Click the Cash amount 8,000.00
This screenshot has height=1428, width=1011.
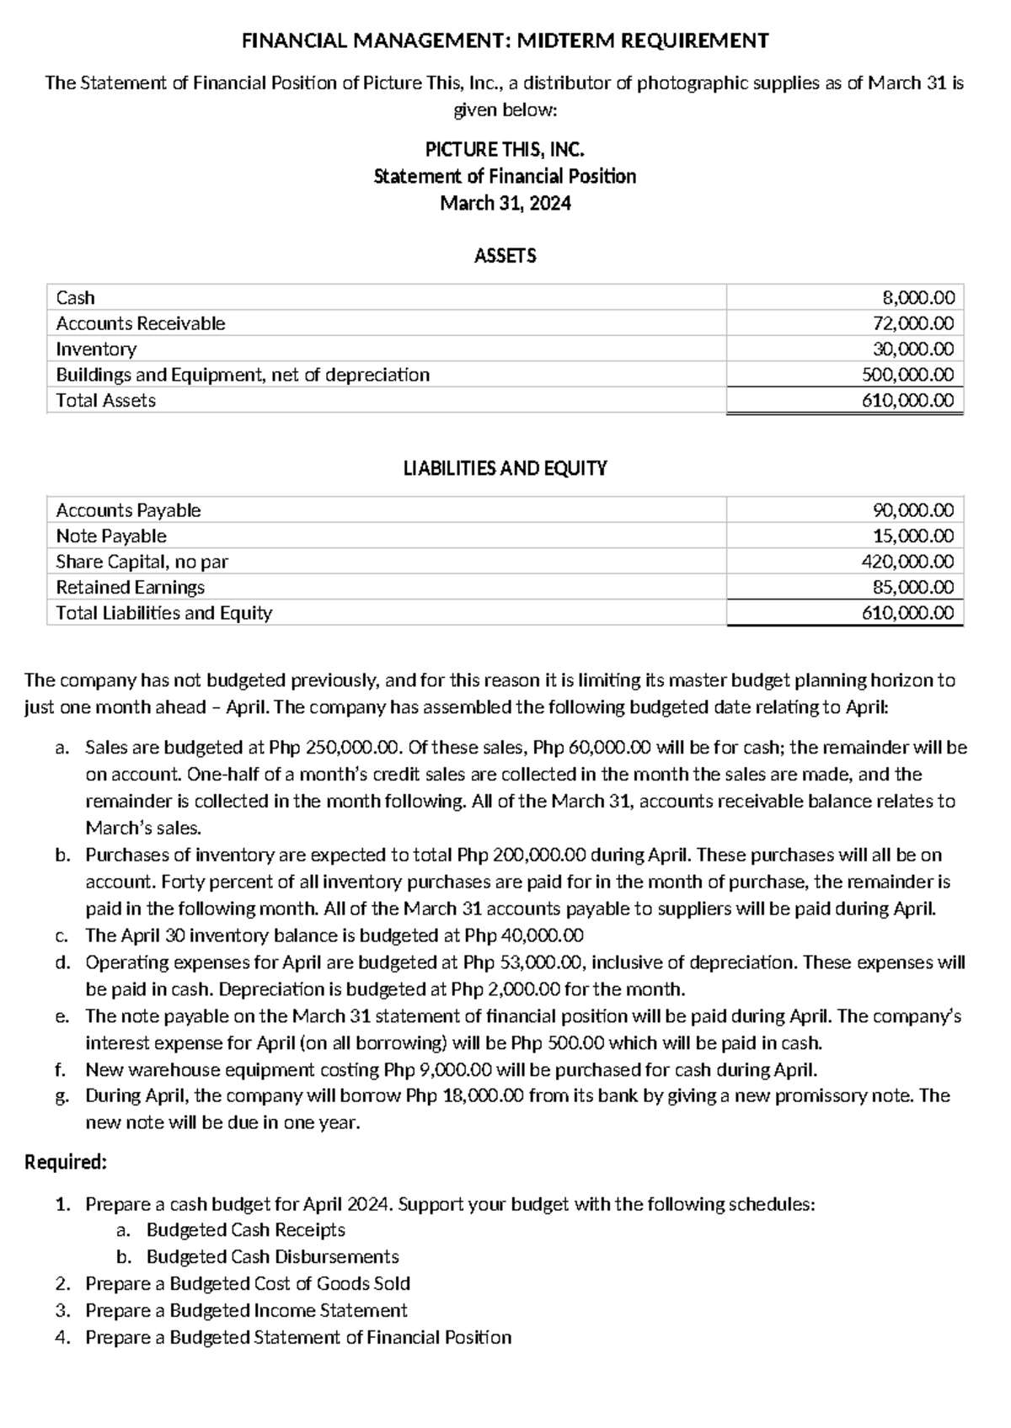pos(917,297)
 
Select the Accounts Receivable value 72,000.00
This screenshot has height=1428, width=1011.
pos(913,323)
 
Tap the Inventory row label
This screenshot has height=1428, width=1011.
pos(96,349)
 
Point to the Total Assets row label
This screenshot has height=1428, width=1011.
pos(106,401)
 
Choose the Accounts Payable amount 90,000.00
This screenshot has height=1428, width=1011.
pos(913,510)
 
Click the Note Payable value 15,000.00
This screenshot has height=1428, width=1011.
pos(913,536)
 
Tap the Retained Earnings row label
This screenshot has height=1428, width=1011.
pos(131,588)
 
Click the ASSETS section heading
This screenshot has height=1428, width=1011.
pos(505,256)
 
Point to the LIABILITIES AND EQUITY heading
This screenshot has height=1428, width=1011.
pos(505,469)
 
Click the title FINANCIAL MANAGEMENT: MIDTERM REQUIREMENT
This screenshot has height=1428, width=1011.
pos(505,40)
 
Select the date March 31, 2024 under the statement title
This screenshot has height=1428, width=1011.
pos(505,203)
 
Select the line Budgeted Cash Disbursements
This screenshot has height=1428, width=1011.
pos(272,1257)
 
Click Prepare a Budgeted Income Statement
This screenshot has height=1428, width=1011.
pos(246,1311)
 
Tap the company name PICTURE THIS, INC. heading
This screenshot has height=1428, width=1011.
pos(505,150)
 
